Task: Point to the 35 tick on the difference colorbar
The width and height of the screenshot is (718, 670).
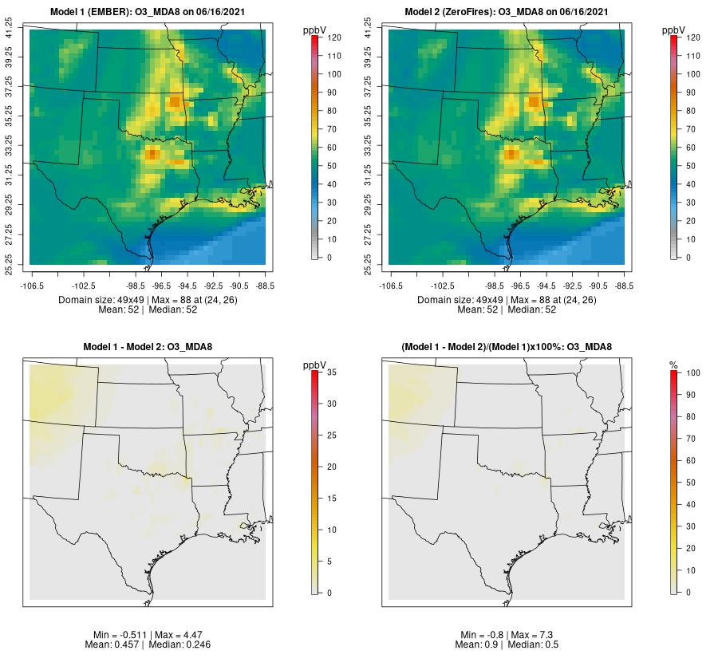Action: coord(333,372)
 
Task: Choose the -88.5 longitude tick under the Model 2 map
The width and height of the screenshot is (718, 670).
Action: coord(625,284)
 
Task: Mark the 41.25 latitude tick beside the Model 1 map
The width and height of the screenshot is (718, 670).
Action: coord(10,30)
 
